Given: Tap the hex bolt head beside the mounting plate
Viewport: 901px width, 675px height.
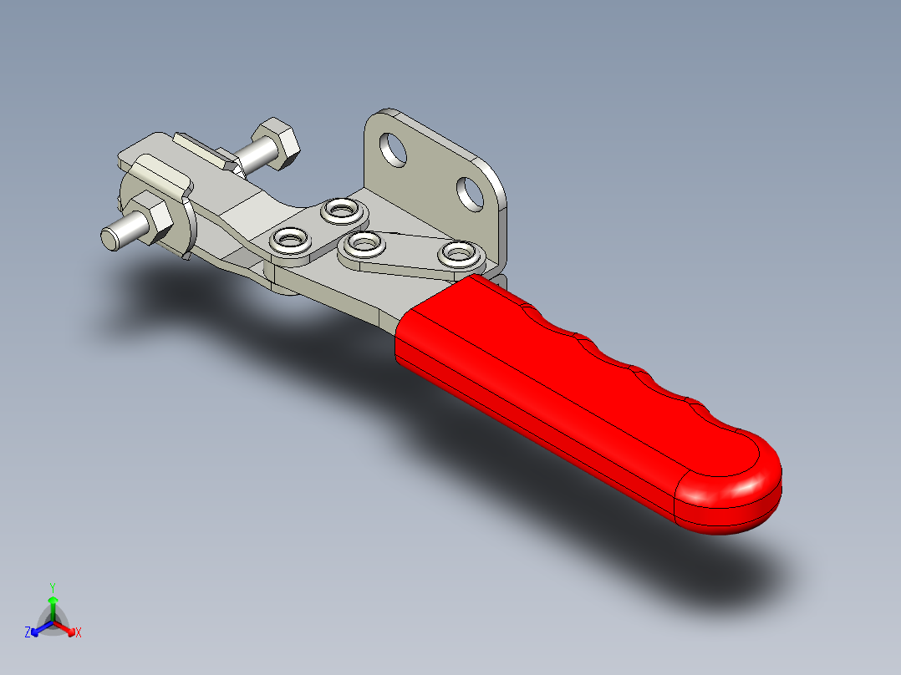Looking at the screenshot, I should (276, 142).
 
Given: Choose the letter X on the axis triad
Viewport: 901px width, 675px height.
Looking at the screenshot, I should (79, 633).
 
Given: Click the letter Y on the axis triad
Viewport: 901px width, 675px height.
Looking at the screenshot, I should (52, 587).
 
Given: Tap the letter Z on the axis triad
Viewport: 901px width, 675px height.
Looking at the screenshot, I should (28, 633).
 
